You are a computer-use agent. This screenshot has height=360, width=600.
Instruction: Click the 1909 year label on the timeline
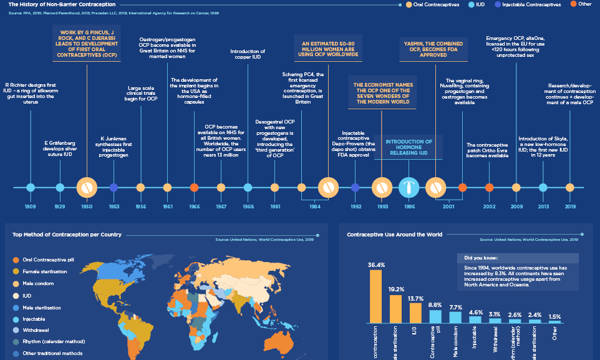tap(30, 206)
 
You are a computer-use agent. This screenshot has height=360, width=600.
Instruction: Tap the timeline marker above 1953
tap(114, 187)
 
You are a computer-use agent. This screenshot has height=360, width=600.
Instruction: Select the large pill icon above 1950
tap(87, 187)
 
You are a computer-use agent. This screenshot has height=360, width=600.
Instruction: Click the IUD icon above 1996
tap(409, 187)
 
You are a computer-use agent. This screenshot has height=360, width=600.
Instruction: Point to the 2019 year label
tap(570, 206)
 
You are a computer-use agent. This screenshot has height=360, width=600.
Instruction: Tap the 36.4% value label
tap(375, 265)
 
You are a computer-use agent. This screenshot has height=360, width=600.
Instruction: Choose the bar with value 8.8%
tap(435, 316)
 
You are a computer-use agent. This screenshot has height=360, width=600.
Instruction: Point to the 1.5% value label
tap(554, 317)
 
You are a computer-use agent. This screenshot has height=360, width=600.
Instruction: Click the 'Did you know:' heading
tap(481, 257)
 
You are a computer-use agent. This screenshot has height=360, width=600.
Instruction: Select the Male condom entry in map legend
tap(34, 283)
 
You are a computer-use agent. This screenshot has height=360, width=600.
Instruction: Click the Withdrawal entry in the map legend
tap(31, 329)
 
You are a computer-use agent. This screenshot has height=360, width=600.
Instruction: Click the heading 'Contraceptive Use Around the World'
tap(394, 235)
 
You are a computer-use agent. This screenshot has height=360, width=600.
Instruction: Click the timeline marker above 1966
tap(194, 187)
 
